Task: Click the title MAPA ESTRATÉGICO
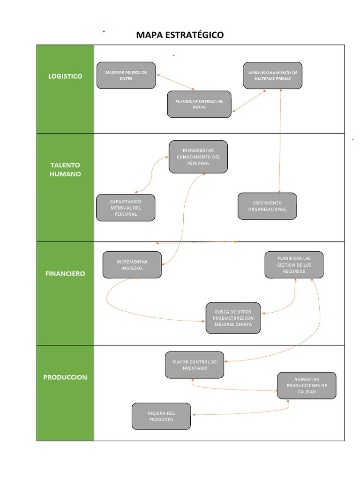180,35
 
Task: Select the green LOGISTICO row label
65,76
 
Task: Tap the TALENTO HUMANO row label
65,170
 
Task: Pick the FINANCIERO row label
65,273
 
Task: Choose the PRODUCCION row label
65,377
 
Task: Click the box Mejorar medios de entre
126,75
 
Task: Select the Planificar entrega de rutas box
199,104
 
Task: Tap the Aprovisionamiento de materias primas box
273,75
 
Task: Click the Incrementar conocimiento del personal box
198,157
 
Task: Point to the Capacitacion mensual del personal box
126,208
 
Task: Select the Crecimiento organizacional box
267,206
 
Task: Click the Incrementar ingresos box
132,265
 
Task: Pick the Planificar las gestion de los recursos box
294,265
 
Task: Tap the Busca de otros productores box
233,318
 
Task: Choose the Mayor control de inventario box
195,365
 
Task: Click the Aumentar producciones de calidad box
307,385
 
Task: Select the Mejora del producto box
161,416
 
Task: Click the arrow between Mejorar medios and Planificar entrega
175,82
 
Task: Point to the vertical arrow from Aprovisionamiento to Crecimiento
280,141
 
